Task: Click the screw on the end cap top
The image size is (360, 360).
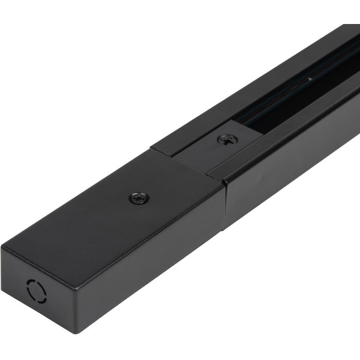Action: tap(139, 199)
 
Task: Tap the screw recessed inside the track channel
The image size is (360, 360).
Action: tap(227, 140)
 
